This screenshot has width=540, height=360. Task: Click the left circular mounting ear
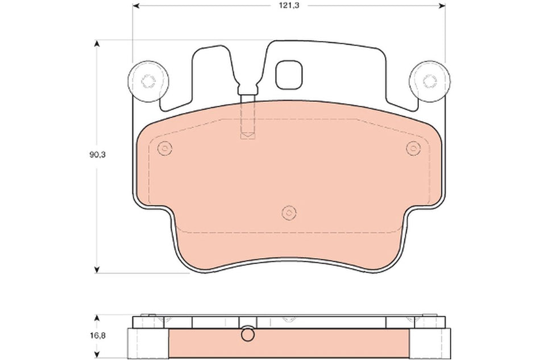point(148,81)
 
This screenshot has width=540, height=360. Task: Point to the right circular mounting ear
point(430,81)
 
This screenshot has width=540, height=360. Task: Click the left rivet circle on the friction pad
point(164,148)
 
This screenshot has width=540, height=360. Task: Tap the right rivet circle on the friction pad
point(413,148)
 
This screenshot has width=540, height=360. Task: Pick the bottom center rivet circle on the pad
point(289,213)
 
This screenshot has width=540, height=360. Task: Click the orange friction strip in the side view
point(330,342)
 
